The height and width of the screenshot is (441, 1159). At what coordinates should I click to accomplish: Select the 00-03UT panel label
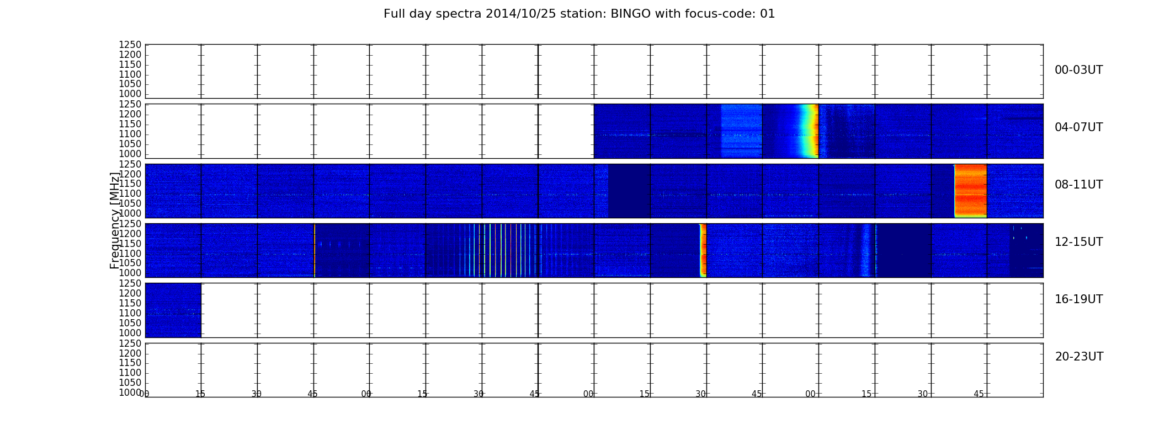(1079, 70)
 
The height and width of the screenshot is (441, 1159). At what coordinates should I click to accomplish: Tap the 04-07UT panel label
(1079, 127)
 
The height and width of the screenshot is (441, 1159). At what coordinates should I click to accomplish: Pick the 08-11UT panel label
(1079, 185)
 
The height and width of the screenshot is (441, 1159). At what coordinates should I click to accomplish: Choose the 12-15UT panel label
(1079, 242)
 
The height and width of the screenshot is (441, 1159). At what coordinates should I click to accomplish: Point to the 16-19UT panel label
(1079, 299)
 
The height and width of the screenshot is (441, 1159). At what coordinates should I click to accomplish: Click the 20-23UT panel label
(1079, 357)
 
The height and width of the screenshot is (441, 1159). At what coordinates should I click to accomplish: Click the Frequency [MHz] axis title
(115, 220)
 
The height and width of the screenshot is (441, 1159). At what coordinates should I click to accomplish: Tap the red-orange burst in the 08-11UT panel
(970, 191)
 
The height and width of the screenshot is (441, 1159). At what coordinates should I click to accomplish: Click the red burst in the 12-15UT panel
(703, 250)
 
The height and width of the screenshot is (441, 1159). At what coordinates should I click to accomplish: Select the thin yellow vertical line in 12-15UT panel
(314, 250)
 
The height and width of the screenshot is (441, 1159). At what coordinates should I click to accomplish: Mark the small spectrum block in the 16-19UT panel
(173, 310)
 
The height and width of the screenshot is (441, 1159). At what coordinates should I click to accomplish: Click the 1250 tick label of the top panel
(130, 45)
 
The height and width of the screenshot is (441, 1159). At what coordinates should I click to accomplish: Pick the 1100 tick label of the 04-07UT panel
(130, 134)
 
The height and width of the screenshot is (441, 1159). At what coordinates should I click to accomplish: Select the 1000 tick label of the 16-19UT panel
(130, 333)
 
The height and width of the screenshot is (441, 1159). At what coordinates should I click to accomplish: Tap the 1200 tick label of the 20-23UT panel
(130, 353)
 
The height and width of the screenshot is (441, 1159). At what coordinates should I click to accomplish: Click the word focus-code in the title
(711, 14)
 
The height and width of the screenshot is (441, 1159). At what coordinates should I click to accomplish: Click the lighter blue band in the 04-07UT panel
(741, 131)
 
